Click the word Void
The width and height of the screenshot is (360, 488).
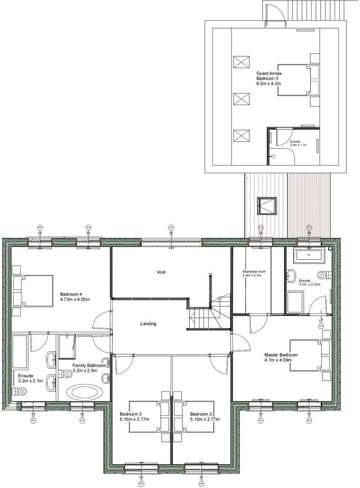(x=161, y=272)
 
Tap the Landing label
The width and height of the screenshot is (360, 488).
(x=148, y=324)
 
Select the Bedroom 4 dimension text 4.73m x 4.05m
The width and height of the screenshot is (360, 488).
(x=75, y=299)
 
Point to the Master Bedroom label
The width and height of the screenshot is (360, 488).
(x=281, y=355)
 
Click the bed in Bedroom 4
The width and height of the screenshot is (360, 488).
(x=32, y=291)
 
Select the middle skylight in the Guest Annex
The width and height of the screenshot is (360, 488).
(x=241, y=99)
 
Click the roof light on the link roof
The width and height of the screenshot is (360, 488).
(x=266, y=206)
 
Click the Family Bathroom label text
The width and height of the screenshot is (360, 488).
(x=89, y=365)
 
